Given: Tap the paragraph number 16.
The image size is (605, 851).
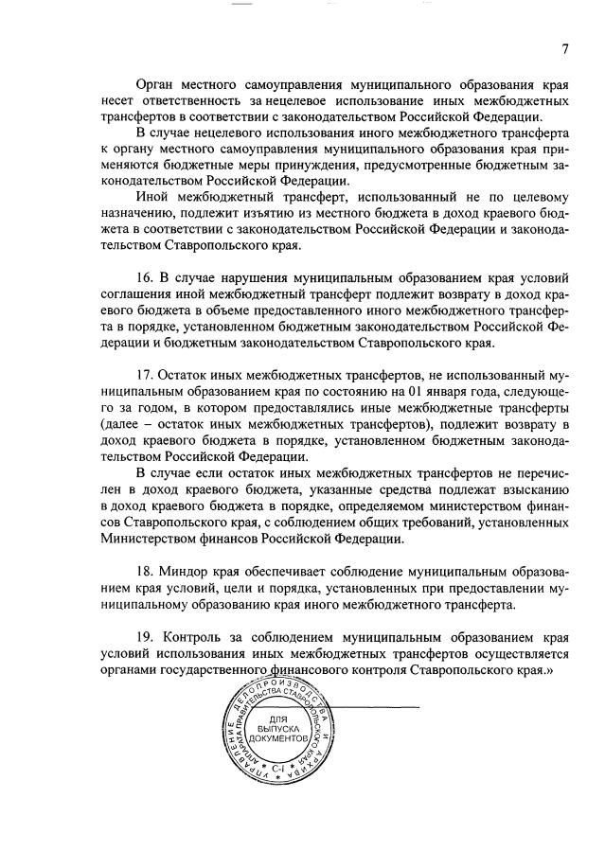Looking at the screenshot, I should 146,277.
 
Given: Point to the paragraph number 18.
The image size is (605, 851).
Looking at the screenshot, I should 146,572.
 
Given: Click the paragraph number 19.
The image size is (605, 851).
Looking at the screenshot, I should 146,631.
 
